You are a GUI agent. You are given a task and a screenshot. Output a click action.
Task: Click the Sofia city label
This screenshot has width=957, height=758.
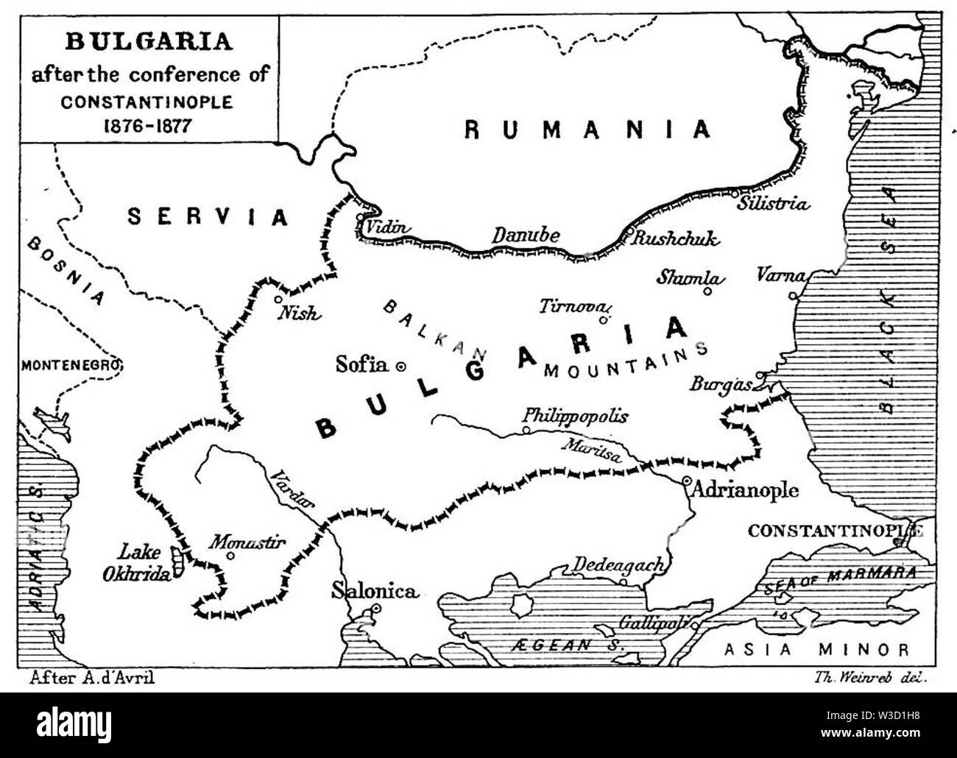pyautogui.click(x=361, y=364)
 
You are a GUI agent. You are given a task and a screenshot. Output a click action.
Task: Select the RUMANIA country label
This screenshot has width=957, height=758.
pyautogui.click(x=588, y=130)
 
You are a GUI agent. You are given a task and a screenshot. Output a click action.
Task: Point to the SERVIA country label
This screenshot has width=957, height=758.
pyautogui.click(x=208, y=216)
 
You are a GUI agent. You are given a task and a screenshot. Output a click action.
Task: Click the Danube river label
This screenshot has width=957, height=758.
pyautogui.click(x=526, y=236)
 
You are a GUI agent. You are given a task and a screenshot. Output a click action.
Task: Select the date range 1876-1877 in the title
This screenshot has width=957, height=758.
pyautogui.click(x=146, y=124)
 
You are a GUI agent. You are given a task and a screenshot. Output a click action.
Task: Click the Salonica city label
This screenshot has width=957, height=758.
pyautogui.click(x=375, y=590)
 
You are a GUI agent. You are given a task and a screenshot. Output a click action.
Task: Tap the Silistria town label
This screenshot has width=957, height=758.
pyautogui.click(x=774, y=204)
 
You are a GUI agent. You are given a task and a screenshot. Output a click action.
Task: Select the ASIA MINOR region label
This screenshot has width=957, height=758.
pyautogui.click(x=816, y=649)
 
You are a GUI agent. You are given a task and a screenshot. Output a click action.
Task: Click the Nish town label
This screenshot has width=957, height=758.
pyautogui.click(x=299, y=314)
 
